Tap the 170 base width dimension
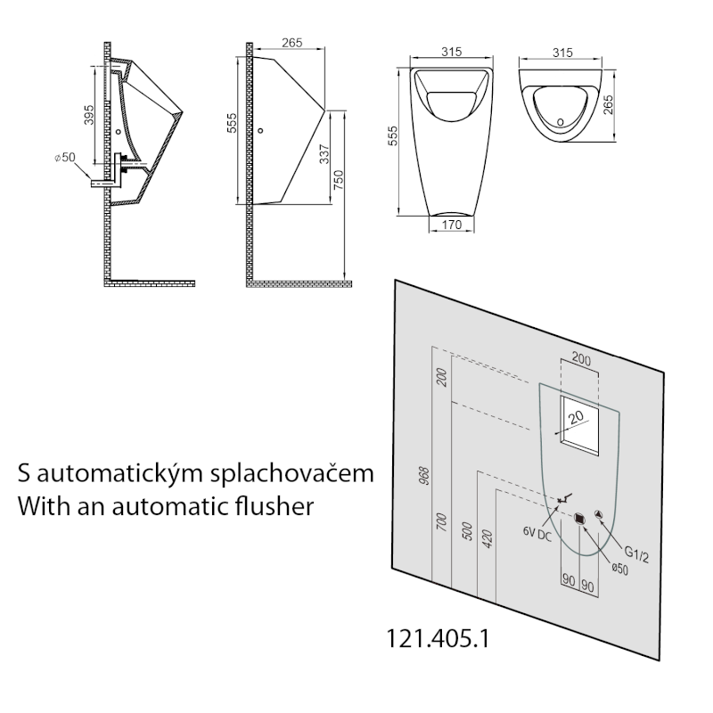(x=451, y=226)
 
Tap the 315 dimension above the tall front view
(x=451, y=53)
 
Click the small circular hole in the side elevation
(x=260, y=132)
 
